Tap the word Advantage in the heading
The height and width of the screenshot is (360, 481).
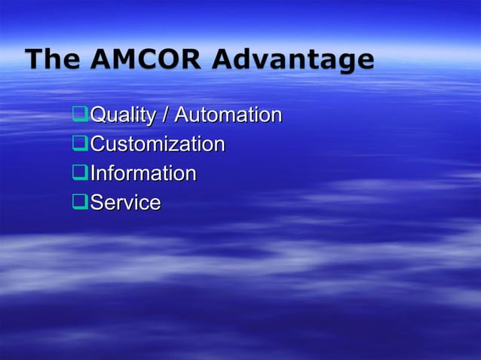[293, 60]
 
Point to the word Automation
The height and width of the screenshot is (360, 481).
[228, 115]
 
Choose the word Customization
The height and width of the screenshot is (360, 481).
[158, 144]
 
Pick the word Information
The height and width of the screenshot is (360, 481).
[143, 173]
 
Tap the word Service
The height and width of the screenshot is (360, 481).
[125, 203]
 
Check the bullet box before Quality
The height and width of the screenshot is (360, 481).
[80, 115]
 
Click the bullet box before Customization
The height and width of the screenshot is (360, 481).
[80, 144]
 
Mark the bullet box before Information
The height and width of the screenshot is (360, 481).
[80, 173]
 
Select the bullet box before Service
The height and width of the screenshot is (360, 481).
[80, 203]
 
